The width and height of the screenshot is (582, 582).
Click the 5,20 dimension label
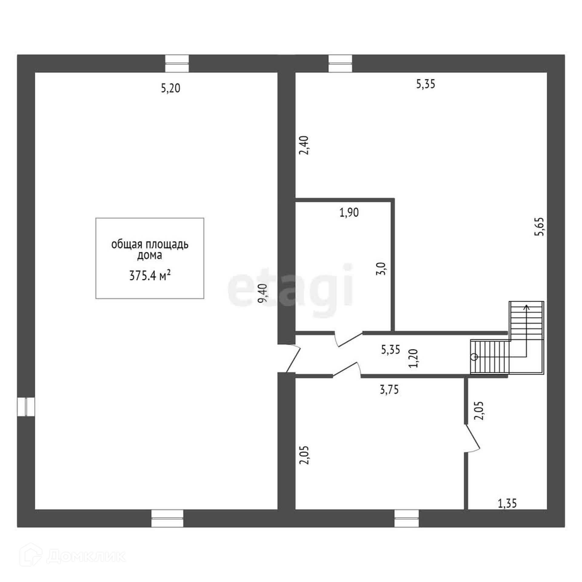pos(171,88)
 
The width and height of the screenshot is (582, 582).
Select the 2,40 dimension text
pos(304,145)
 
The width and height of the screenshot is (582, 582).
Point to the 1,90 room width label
pos(349,212)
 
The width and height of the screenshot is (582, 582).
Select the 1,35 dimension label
pos(507,503)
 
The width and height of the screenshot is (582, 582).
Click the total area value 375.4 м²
pos(149,276)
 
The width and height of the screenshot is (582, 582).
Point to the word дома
pos(149,256)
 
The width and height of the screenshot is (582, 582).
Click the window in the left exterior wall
pos(26,407)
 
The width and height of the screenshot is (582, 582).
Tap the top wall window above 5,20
pos(177,63)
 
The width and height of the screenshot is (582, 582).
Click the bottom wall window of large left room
pos(167,518)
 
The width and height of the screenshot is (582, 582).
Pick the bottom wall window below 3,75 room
pos(406,518)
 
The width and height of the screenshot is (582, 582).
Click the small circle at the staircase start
pos(474,357)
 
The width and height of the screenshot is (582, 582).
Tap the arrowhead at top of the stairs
pos(527,307)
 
